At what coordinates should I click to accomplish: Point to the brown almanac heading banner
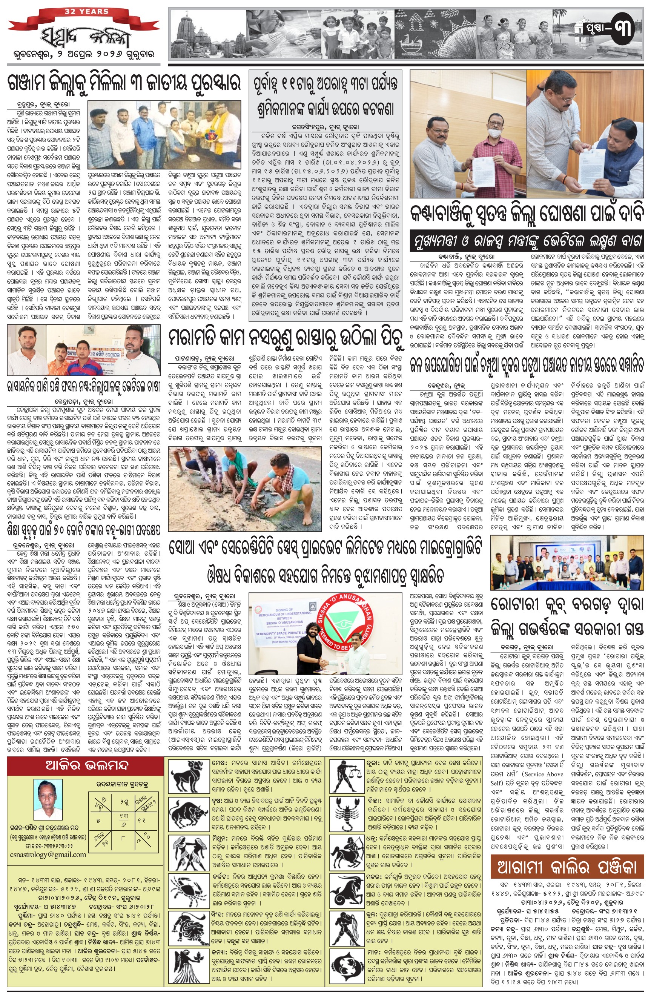567,866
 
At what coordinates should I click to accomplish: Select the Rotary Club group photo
567,563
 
